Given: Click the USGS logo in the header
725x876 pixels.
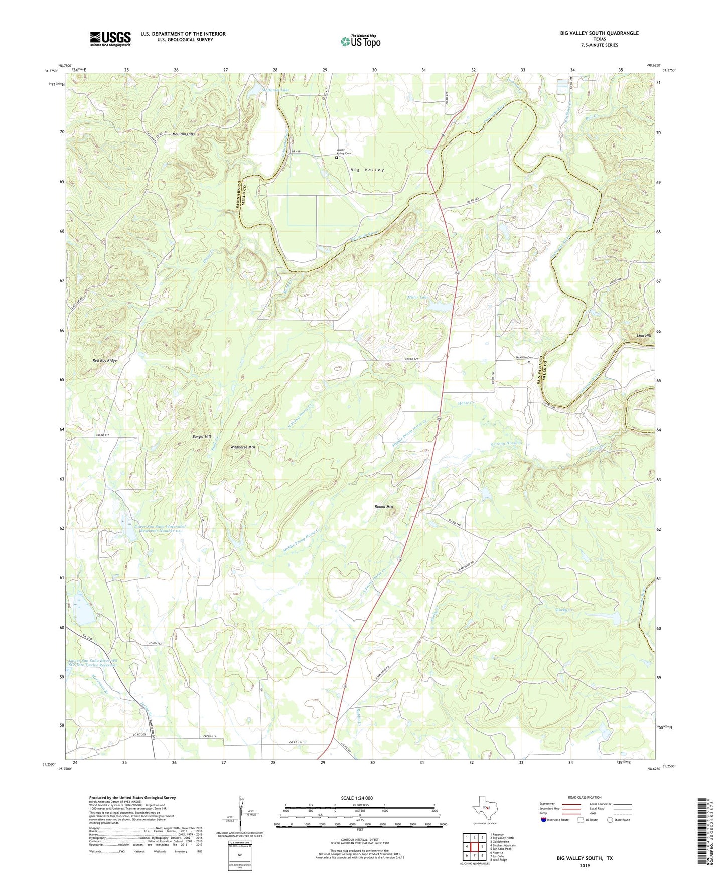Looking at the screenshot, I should click(110, 39).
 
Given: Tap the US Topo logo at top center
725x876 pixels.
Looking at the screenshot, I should click(360, 41).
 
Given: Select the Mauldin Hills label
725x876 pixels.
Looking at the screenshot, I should click(183, 134).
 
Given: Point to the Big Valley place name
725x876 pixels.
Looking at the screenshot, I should click(367, 170).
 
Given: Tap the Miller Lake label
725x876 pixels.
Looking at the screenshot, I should click(417, 297).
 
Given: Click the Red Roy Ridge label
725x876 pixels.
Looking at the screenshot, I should click(105, 361).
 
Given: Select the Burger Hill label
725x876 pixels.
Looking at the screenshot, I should click(201, 437).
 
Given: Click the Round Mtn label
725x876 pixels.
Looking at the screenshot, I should click(384, 507).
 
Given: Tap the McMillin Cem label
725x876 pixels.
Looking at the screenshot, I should click(524, 357).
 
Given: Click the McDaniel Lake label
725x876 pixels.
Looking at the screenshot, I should click(276, 90).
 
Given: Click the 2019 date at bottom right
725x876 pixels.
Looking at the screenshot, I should click(584, 865).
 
